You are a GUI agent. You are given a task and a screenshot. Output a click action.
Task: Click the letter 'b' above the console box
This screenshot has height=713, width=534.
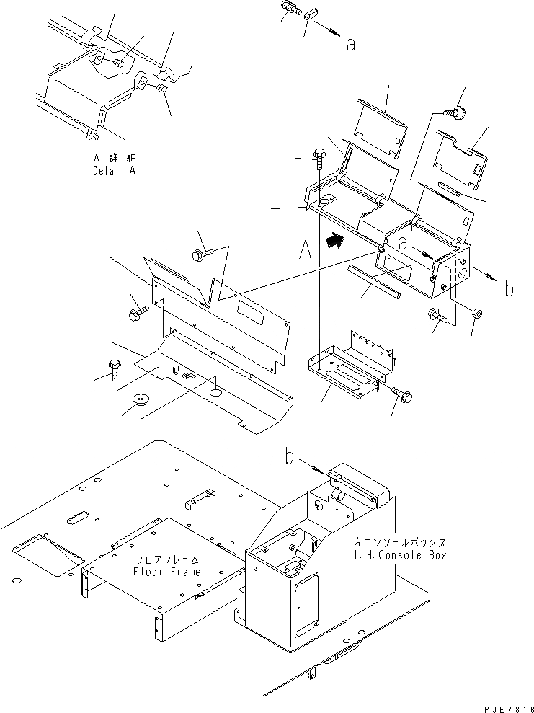(290, 456)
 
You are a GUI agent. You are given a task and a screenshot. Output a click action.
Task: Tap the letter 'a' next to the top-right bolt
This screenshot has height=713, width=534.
(351, 45)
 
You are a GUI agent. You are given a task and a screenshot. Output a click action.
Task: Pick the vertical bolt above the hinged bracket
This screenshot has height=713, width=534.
(319, 155)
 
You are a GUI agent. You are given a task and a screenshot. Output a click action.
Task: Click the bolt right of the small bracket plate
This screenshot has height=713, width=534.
(402, 394)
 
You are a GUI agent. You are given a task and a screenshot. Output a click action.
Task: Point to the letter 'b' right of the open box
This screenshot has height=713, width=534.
(508, 290)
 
